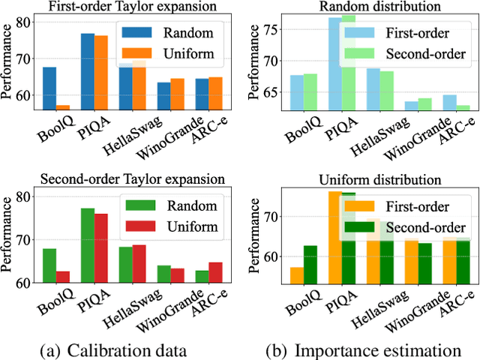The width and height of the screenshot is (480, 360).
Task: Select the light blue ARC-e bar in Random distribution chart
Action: [x=449, y=103]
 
